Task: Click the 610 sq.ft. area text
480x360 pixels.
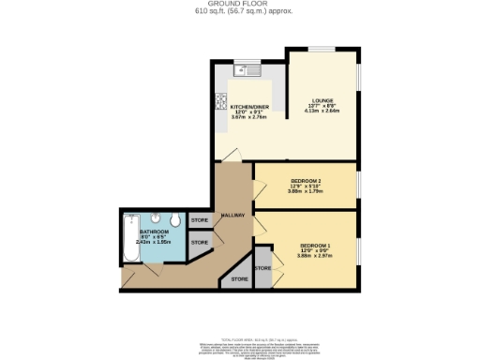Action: pos(240,13)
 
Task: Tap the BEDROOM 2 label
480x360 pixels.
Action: pos(307,179)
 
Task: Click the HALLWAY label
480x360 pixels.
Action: pos(232,216)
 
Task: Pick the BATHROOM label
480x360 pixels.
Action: pos(154,230)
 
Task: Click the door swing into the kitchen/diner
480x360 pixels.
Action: pos(226,153)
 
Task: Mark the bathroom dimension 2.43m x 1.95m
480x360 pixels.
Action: pos(154,241)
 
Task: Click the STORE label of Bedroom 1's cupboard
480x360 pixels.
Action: pos(262,268)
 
